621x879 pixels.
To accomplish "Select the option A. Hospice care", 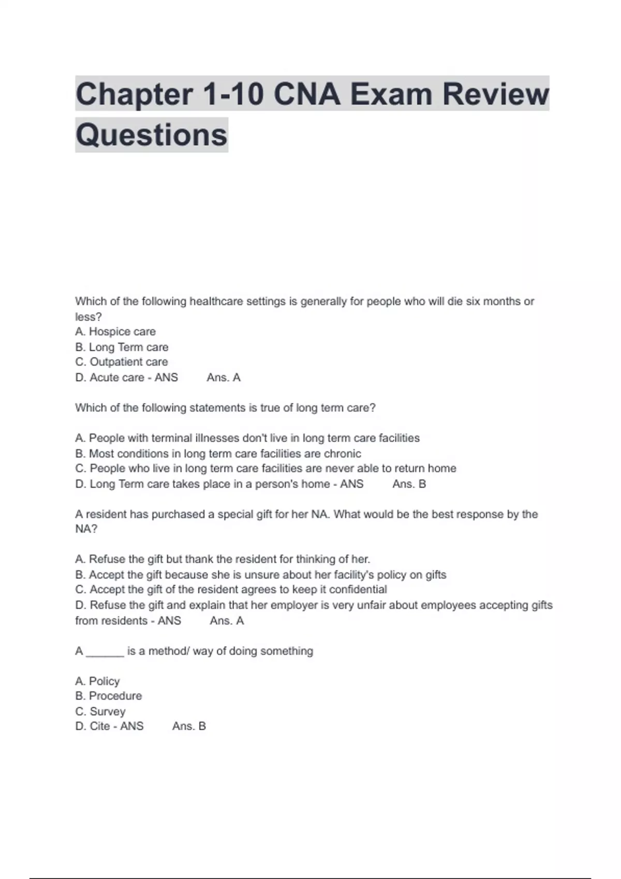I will [115, 331].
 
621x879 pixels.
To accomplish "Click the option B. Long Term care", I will [122, 347].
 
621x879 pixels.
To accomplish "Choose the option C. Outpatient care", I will [122, 362].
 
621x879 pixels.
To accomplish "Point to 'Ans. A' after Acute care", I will [224, 377].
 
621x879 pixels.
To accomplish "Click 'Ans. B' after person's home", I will [409, 484].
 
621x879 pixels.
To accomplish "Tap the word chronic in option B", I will [342, 453].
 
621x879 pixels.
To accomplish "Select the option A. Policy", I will [97, 681].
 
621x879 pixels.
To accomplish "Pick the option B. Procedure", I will [108, 696].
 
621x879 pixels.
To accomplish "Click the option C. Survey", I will [100, 711].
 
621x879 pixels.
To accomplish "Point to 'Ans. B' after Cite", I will [189, 726].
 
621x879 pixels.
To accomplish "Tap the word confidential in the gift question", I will [358, 589].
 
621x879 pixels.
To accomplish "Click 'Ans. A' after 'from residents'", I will [227, 620].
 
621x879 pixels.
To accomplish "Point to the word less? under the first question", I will [88, 316].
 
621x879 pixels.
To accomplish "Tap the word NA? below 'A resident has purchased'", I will [86, 529].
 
